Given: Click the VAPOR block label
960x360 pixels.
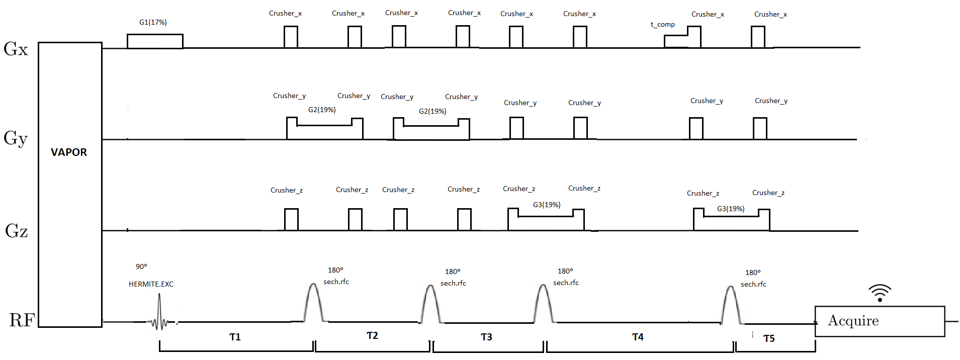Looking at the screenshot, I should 69,152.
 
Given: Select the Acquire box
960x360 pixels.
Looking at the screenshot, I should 880,321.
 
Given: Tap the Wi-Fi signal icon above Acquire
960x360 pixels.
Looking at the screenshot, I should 880,293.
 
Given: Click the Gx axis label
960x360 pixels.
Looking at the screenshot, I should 16,49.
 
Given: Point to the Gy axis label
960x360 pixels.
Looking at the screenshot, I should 16,138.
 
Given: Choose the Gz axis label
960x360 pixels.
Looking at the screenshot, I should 16,231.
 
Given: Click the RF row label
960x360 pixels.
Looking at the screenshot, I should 22,320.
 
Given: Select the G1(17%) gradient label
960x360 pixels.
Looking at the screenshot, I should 153,22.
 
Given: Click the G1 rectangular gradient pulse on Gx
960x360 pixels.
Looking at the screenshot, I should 155,41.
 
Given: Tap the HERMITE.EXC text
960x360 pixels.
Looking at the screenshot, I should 151,284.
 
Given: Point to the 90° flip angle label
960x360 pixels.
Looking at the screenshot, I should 141,266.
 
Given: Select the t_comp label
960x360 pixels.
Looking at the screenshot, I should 662,24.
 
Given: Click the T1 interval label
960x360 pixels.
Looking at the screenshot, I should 235,337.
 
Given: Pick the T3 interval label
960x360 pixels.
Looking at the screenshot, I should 486,337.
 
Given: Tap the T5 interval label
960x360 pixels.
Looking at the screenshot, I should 769,338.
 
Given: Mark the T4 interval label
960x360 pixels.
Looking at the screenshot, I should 638,337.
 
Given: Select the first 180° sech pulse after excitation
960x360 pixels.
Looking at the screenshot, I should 313,303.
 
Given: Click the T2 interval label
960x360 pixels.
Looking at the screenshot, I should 372,335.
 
